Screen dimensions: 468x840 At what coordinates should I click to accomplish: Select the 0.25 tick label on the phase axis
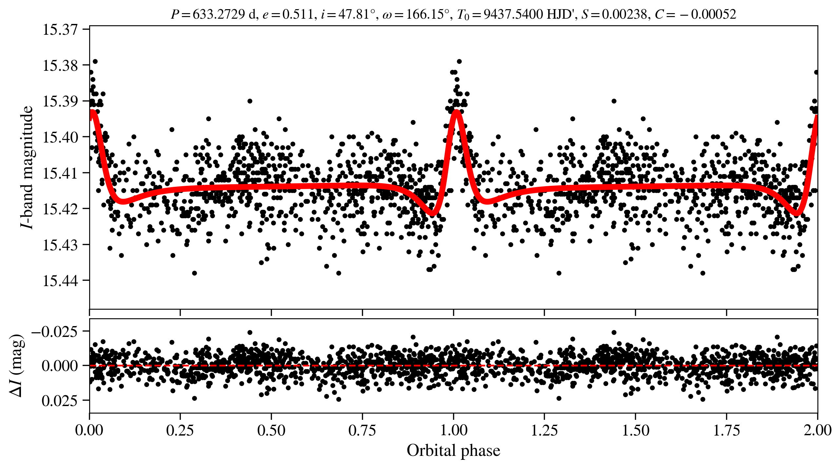(x=180, y=431)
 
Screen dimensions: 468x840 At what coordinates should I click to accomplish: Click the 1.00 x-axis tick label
(x=453, y=431)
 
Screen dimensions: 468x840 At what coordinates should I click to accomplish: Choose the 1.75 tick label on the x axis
(x=726, y=431)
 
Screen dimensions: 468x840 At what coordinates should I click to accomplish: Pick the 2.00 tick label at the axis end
(x=817, y=431)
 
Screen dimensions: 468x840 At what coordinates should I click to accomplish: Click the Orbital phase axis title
(x=453, y=451)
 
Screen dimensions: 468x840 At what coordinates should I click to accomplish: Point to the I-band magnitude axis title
(x=27, y=167)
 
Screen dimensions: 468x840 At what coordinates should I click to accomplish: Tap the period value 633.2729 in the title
(x=219, y=14)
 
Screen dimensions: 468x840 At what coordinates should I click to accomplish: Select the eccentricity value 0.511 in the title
(x=298, y=14)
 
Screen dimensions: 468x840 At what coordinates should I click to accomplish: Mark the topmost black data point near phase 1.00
(x=459, y=61)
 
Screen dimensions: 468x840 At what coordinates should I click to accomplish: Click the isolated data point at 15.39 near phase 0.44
(x=250, y=101)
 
